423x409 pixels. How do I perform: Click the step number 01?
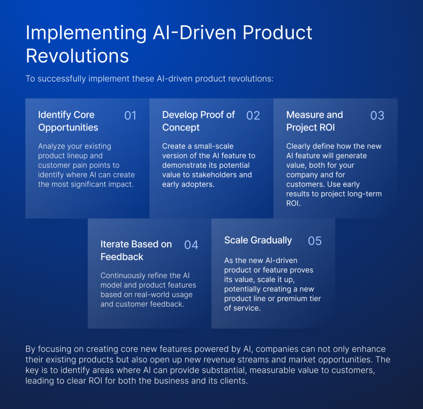click(x=130, y=115)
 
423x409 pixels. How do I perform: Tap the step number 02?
click(x=253, y=115)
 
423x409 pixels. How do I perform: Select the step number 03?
click(x=377, y=115)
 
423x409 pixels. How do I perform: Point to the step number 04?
click(x=191, y=245)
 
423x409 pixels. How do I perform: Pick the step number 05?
click(x=315, y=241)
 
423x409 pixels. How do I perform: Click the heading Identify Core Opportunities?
click(x=68, y=121)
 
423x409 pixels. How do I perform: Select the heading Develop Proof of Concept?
click(x=198, y=121)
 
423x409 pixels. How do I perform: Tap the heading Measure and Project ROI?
click(x=314, y=121)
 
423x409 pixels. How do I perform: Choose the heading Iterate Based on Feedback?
click(x=136, y=250)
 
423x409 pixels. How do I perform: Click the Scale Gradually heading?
click(x=258, y=240)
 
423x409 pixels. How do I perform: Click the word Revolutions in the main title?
click(x=77, y=56)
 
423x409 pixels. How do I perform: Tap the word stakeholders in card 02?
click(x=214, y=175)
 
